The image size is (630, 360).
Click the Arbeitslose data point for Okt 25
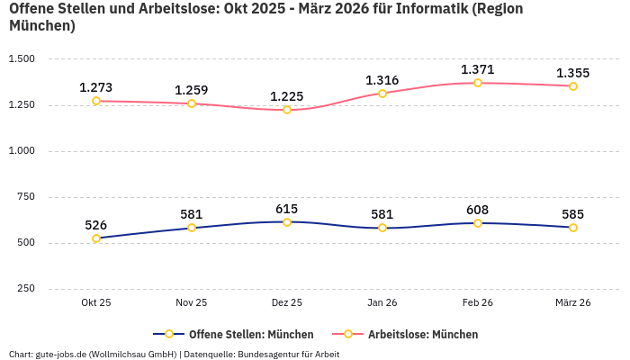pos(96,101)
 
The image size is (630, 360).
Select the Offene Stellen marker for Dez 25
pos(287,221)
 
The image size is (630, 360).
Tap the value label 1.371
pos(478,69)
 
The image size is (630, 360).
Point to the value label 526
pos(96,225)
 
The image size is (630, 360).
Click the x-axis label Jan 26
pos(382,303)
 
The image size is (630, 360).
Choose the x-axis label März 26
pos(573,303)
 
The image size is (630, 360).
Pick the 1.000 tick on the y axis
pos(22,151)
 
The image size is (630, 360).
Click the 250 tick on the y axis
pos(26,289)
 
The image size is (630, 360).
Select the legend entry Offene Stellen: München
pos(233,334)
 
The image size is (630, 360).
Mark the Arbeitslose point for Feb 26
pos(478,83)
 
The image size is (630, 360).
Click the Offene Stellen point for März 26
pos(573,228)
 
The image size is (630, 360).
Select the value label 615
pos(287,208)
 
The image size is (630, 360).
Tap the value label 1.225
pos(287,96)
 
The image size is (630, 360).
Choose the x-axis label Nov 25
pos(192,303)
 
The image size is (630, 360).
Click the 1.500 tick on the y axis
pos(22,59)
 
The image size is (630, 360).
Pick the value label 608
pos(478,210)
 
